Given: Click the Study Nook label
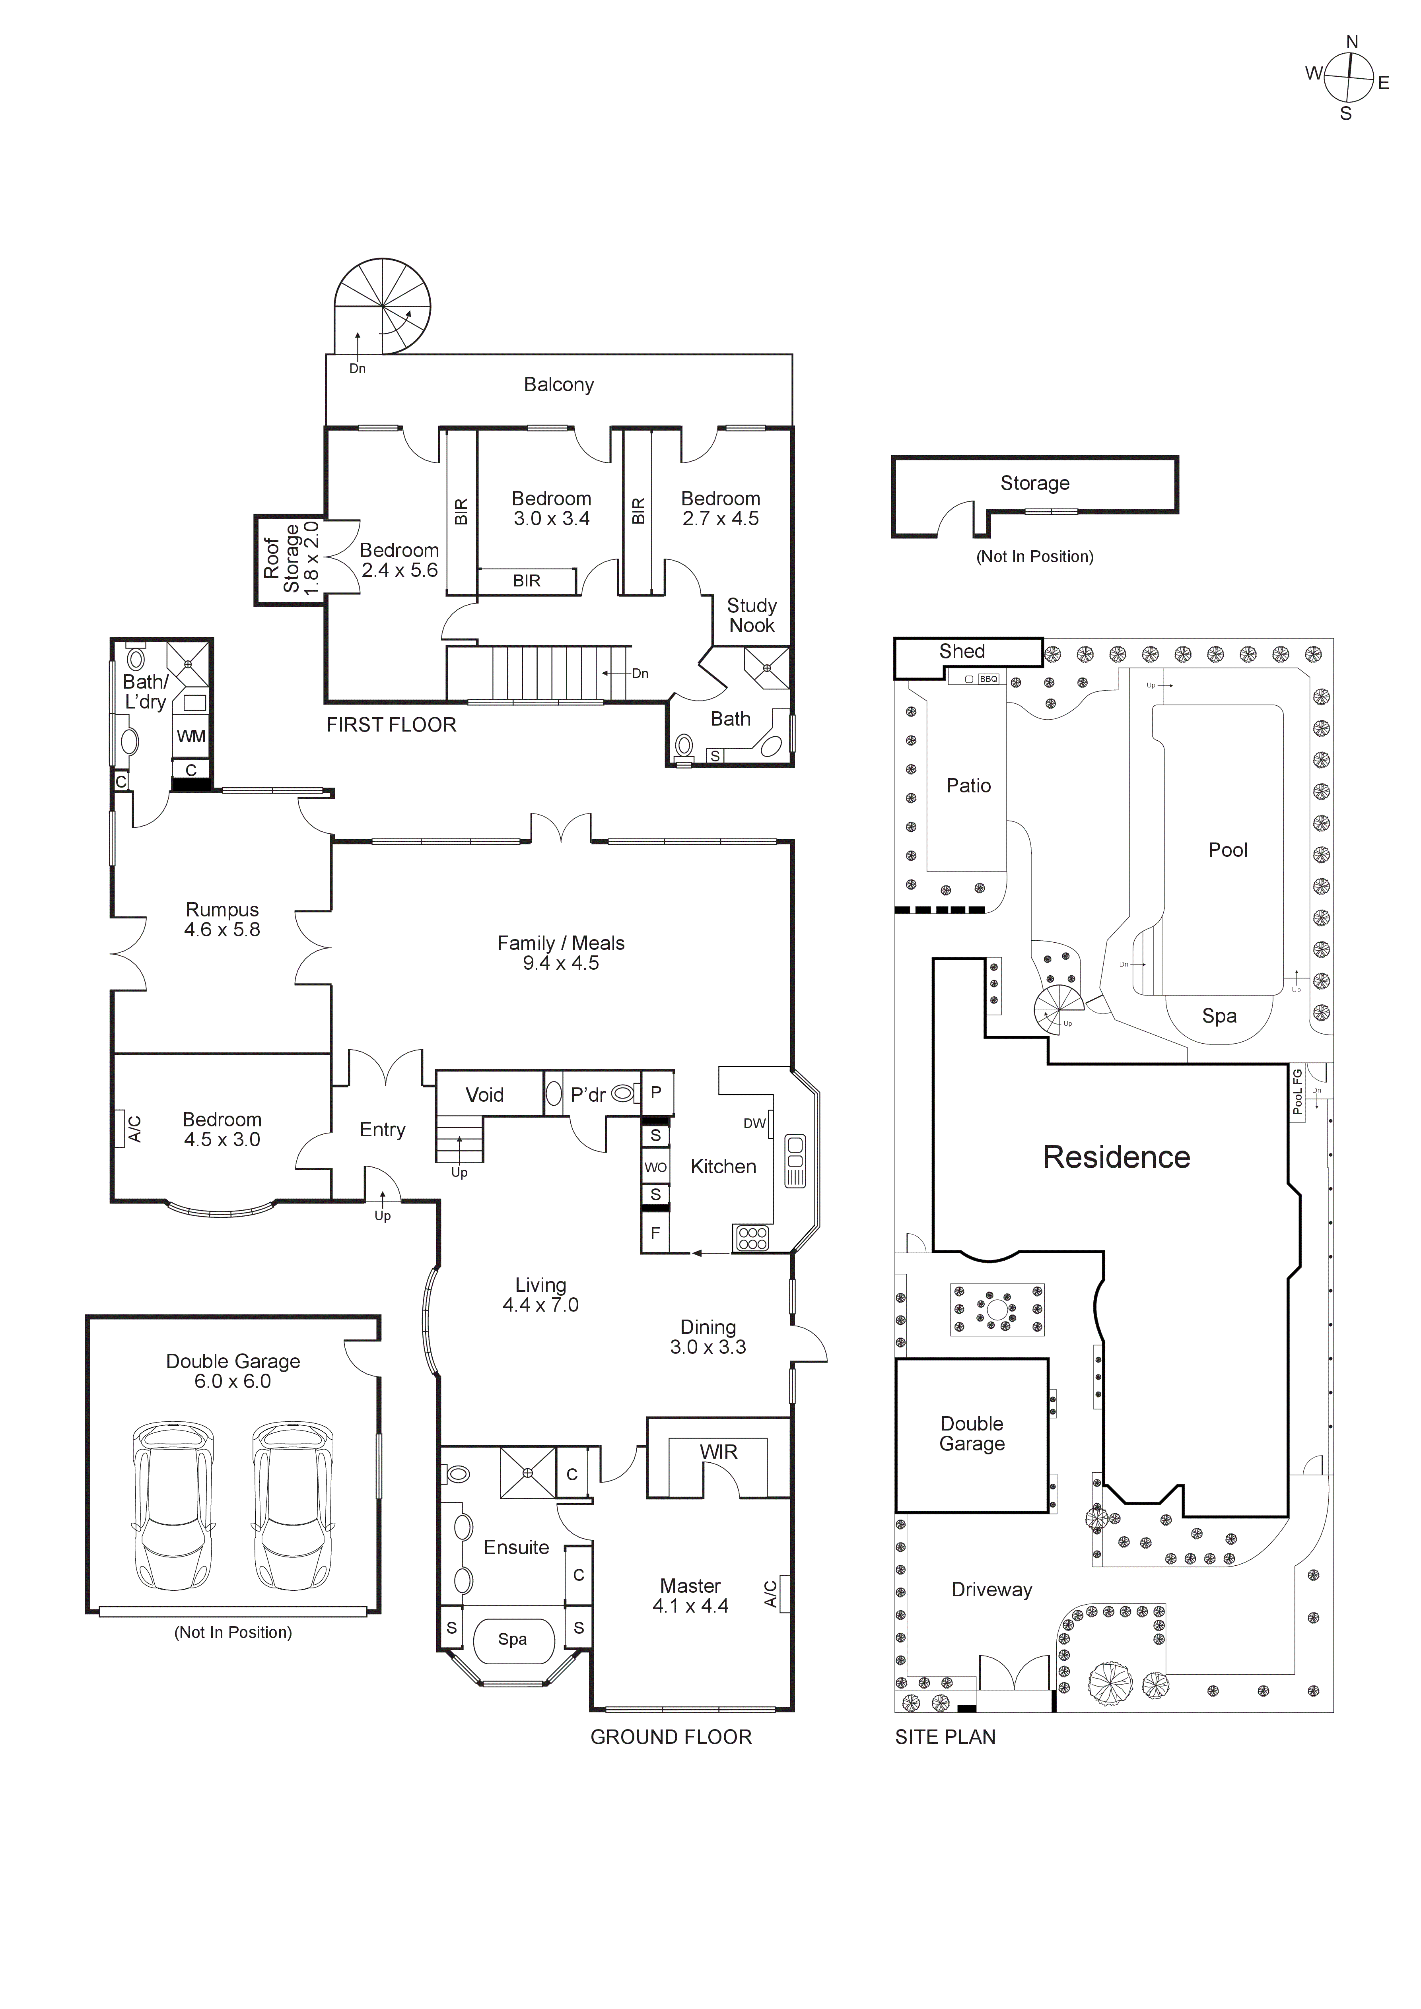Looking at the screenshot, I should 752,615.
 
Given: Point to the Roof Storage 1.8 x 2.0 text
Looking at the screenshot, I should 292,559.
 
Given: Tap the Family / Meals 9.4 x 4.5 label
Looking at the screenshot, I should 561,953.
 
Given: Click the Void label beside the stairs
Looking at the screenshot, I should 484,1095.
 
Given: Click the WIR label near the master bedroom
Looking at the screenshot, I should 718,1452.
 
